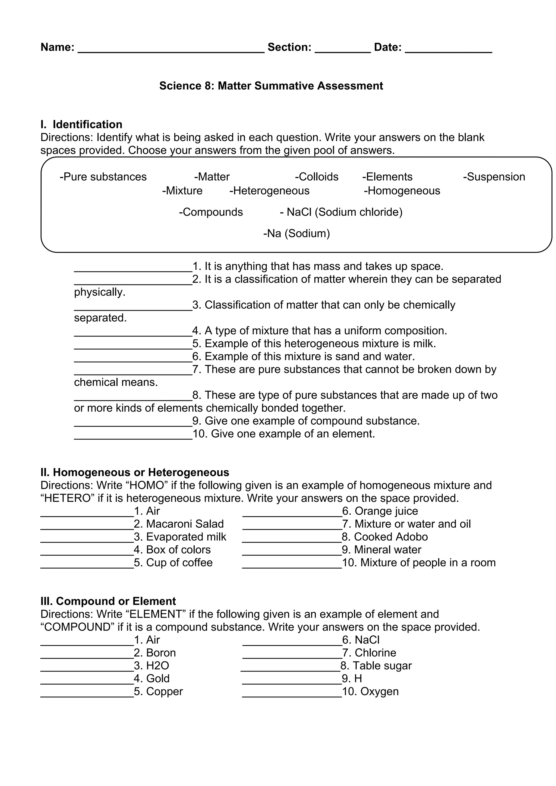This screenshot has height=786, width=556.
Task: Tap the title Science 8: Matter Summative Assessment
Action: coord(271,85)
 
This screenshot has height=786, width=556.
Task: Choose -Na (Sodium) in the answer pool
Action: coord(296,233)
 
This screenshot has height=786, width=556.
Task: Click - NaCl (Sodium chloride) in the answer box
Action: coord(341,212)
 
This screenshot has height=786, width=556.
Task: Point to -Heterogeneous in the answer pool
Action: coord(269,191)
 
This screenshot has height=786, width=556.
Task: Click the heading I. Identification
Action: coord(81,124)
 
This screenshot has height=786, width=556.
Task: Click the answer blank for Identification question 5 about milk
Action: coord(133,346)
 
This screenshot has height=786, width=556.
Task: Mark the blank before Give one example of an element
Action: coord(133,436)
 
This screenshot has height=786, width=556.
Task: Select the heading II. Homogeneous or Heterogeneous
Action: coord(135,473)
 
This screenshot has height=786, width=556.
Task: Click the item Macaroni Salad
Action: coord(185,524)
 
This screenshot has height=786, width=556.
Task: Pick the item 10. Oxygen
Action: coord(370,691)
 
